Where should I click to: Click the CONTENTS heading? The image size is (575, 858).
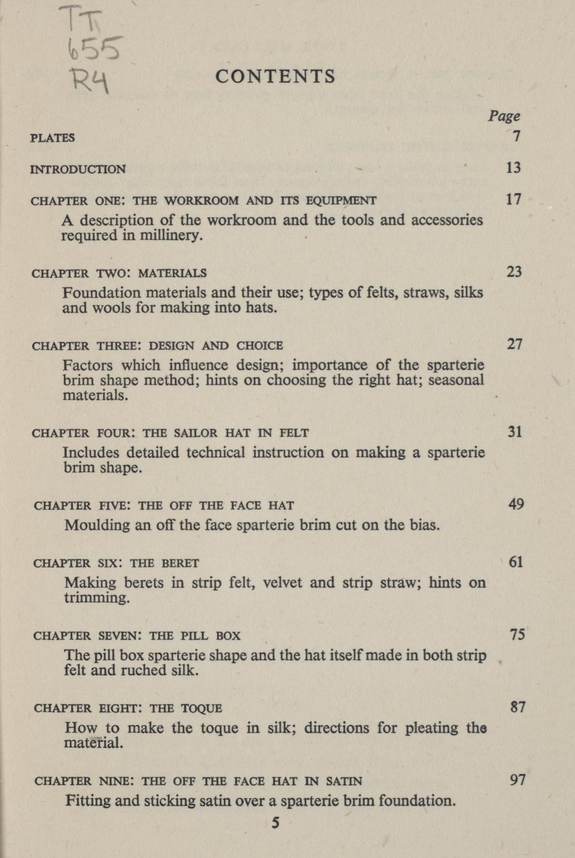tap(275, 76)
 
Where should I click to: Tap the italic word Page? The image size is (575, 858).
tap(504, 116)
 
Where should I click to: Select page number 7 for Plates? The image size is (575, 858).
tap(517, 136)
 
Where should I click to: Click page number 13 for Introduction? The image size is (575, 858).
tap(513, 167)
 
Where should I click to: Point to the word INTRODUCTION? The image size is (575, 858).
tap(78, 169)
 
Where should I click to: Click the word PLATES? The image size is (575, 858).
tap(52, 138)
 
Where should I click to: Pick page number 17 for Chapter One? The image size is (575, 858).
tap(513, 199)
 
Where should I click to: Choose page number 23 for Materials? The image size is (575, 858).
tap(514, 271)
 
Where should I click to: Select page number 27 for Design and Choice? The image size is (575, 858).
tap(515, 344)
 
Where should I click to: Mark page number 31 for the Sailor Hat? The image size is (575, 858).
tap(515, 431)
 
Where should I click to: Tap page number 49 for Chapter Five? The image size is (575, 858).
tap(516, 504)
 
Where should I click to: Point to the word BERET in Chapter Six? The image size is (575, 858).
tap(180, 563)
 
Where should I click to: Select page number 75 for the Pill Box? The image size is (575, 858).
tap(517, 634)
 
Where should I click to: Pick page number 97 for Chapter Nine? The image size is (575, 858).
tap(518, 779)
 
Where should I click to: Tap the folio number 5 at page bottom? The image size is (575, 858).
tap(275, 823)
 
